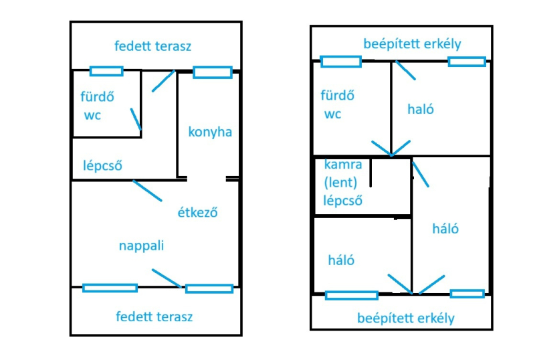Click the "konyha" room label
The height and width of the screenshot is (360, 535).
(x=210, y=132)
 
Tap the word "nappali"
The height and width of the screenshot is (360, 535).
(x=141, y=246)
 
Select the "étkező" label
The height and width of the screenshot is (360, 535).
(x=197, y=213)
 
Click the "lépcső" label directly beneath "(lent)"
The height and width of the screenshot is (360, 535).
(x=342, y=200)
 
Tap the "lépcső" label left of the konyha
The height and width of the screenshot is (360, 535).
(x=102, y=165)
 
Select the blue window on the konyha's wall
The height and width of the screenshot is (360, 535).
(x=213, y=72)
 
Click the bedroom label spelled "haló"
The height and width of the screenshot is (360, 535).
(x=421, y=109)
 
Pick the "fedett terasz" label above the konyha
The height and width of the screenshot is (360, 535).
(x=153, y=46)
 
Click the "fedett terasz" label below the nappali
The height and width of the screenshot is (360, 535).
(x=154, y=317)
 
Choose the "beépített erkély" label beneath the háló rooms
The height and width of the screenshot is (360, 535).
(x=406, y=318)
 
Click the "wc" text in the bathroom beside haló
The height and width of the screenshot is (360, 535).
(x=332, y=114)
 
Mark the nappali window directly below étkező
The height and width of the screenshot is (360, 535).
(x=209, y=288)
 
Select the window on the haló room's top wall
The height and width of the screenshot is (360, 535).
(x=467, y=62)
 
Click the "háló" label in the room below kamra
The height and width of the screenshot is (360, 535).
(x=341, y=260)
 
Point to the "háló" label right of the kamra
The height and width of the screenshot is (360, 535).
(x=446, y=228)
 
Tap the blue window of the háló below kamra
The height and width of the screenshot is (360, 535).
(x=351, y=294)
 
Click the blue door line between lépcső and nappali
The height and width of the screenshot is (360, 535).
(x=147, y=191)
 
